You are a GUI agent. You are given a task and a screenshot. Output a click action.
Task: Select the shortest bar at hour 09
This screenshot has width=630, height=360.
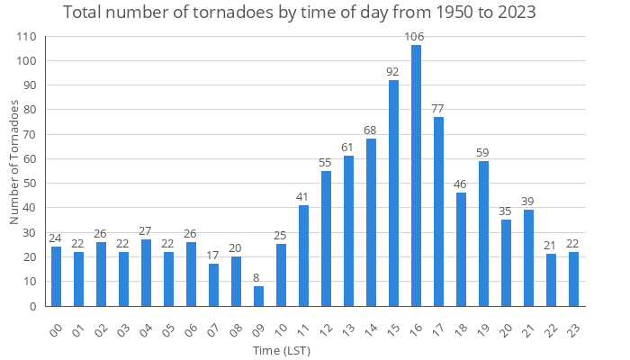258,296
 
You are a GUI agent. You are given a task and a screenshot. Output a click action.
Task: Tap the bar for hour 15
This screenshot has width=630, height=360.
393,193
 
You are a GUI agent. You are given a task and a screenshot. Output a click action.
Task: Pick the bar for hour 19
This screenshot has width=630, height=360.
483,233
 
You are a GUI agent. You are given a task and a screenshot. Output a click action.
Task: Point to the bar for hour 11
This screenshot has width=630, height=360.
303,256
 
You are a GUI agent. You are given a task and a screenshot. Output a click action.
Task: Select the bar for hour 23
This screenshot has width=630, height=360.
573,279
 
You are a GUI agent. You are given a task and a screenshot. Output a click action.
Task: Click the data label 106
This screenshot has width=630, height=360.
415,37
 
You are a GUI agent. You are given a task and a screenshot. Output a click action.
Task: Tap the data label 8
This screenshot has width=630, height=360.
258,278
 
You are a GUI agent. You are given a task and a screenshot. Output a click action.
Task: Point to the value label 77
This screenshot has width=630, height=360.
438,109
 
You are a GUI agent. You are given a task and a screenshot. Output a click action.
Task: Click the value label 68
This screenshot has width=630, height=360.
371,130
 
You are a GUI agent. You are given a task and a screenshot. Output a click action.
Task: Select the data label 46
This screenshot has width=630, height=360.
461,184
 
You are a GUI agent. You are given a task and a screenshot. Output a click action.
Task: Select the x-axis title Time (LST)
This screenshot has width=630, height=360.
283,348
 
